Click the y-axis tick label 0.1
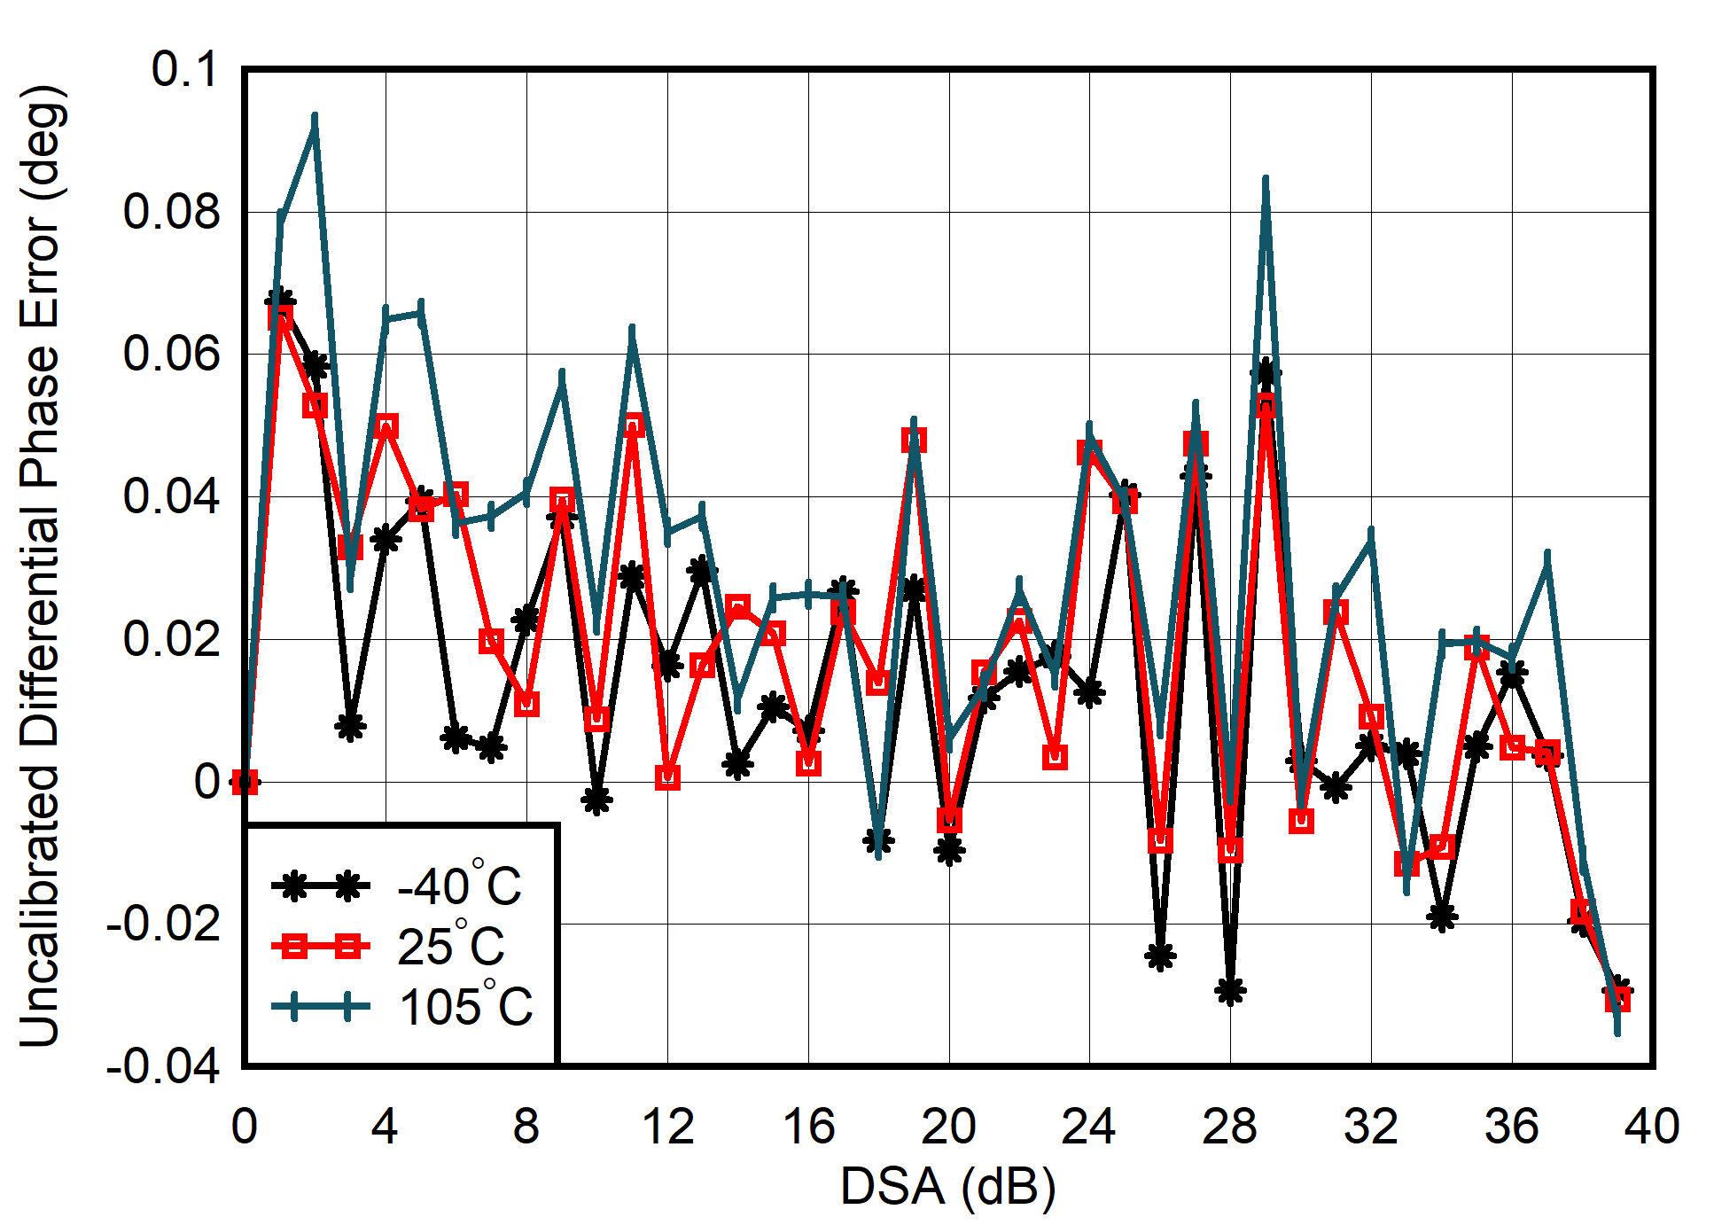point(184,69)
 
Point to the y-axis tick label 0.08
point(171,212)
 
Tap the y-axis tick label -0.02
point(163,925)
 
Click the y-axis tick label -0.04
point(163,1066)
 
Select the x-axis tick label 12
point(667,1127)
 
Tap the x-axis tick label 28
point(1230,1127)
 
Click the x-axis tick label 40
point(1652,1127)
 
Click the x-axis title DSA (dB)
point(948,1186)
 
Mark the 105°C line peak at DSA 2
point(315,118)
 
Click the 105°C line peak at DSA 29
point(1266,180)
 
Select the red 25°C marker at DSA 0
point(245,782)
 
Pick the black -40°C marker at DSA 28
point(1230,990)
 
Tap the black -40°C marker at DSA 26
point(1160,956)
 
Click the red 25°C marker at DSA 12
point(667,777)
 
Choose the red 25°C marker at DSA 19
point(914,440)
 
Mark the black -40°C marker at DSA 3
point(350,726)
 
